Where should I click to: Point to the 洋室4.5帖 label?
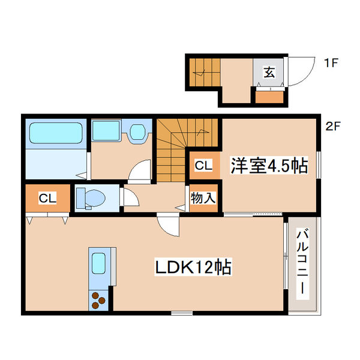[x=269, y=166]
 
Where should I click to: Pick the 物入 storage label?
[x=203, y=197]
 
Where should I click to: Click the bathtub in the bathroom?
[x=56, y=134]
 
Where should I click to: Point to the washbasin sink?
[x=138, y=131]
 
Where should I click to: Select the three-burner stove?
[x=98, y=299]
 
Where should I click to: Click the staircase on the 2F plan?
[x=178, y=150]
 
